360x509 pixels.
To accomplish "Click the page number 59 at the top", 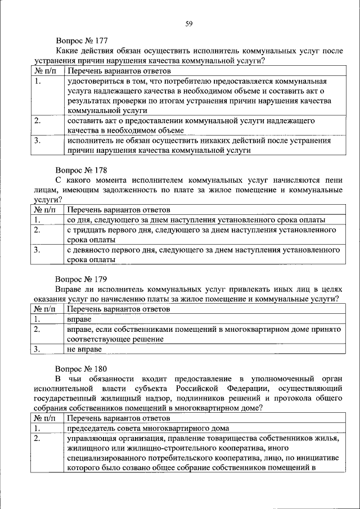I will point(190,23).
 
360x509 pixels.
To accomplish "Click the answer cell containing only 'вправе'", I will point(79,319).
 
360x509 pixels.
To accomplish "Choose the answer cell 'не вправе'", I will point(84,349).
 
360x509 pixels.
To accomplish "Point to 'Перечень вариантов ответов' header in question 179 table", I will point(118,309).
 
